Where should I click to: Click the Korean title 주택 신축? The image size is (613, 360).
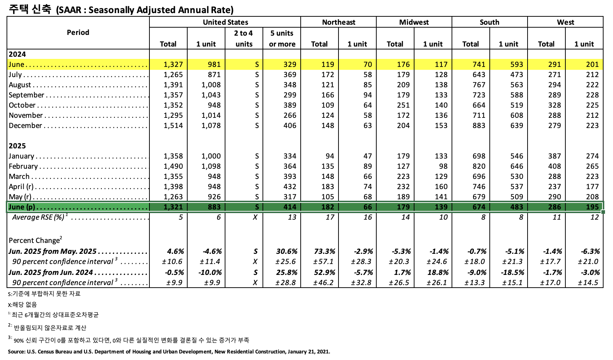(30, 9)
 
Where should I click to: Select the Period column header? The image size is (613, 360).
(78, 32)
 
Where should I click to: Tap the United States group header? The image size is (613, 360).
(225, 22)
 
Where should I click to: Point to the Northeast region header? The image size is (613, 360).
(338, 22)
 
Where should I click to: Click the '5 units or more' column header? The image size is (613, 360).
(282, 39)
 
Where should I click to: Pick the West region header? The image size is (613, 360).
(565, 22)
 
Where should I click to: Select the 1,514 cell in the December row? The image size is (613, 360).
(173, 125)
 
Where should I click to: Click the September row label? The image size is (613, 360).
(27, 95)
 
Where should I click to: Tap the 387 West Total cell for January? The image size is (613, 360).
(554, 156)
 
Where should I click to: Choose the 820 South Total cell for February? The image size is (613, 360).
(479, 166)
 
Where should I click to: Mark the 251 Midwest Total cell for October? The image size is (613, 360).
(403, 105)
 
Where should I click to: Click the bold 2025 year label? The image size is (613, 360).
(17, 146)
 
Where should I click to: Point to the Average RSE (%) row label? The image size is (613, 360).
(39, 217)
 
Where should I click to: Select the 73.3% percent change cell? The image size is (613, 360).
(324, 251)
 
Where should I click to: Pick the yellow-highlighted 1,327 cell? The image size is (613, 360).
(173, 64)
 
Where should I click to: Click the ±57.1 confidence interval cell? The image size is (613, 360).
(324, 261)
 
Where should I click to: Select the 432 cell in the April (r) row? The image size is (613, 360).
(290, 187)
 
